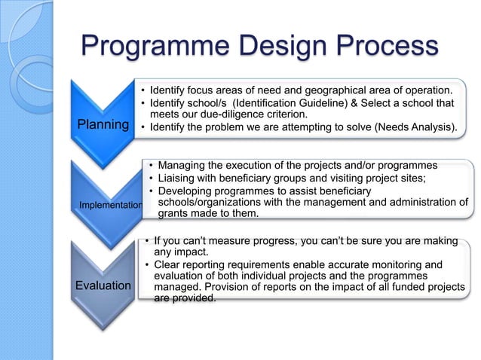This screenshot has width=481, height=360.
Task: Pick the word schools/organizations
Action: [213, 202]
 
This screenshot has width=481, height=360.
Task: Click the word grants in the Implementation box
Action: [174, 214]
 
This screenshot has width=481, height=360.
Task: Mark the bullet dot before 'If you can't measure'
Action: [146, 240]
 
